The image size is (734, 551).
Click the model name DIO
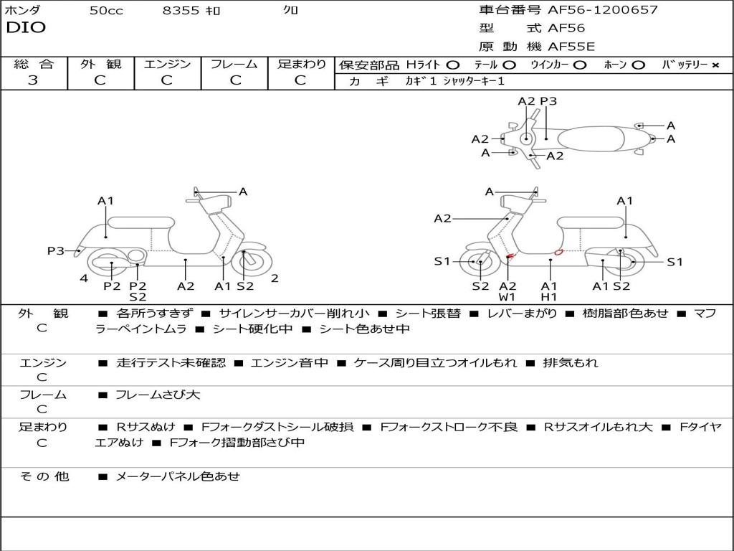(26, 28)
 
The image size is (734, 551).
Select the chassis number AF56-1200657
(602, 9)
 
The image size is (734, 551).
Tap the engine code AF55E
(571, 47)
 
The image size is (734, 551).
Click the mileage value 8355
(181, 10)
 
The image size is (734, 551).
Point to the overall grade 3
(33, 80)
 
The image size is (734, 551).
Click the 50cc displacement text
(106, 10)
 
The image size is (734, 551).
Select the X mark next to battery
(715, 65)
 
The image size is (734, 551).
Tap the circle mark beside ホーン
(638, 65)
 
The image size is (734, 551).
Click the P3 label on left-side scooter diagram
(56, 250)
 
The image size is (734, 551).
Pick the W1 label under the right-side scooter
(507, 296)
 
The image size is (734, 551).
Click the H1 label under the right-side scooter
(548, 296)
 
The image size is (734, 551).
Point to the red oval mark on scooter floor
(558, 253)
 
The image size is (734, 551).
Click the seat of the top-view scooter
(591, 139)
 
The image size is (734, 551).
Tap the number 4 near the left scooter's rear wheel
(84, 278)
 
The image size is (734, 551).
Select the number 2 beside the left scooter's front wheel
(275, 278)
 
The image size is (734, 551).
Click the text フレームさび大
(158, 395)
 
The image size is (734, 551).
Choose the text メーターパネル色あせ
(178, 476)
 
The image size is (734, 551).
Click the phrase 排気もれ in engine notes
(570, 362)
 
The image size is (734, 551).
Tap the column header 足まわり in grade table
(302, 64)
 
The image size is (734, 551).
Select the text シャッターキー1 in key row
(474, 81)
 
